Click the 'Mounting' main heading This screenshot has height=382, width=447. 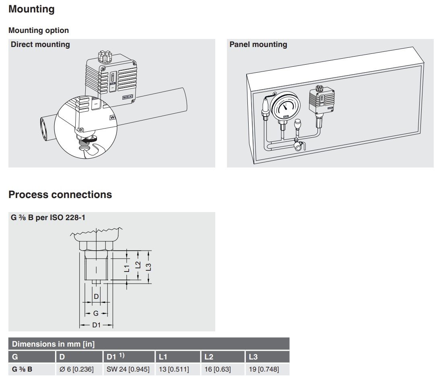pyautogui.click(x=31, y=9)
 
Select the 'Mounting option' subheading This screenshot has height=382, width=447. pyautogui.click(x=39, y=31)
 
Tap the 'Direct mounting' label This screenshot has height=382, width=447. pyautogui.click(x=40, y=45)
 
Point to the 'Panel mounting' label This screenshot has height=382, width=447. pyautogui.click(x=258, y=45)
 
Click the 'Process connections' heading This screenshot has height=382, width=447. pyautogui.click(x=60, y=195)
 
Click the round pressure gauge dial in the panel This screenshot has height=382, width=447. pyautogui.click(x=285, y=105)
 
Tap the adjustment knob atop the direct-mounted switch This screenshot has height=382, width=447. pyautogui.click(x=105, y=57)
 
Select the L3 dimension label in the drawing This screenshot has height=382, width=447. pyautogui.click(x=148, y=267)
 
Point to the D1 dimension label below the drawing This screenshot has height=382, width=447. pyautogui.click(x=96, y=325)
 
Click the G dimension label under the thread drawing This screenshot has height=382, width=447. pyautogui.click(x=96, y=313)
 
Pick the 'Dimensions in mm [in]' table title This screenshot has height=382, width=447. pyautogui.click(x=53, y=344)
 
